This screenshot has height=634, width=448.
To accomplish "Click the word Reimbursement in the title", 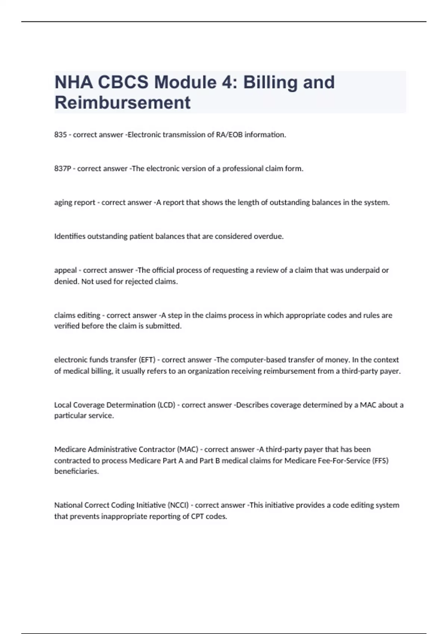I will pyautogui.click(x=122, y=103).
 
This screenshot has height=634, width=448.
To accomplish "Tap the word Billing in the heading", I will pyautogui.click(x=270, y=82).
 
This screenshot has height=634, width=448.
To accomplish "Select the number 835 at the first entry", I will pyautogui.click(x=60, y=135).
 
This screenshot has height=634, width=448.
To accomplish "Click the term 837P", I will pyautogui.click(x=62, y=169).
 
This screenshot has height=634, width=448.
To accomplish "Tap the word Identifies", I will pyautogui.click(x=70, y=236).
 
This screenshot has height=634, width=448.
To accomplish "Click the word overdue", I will pyautogui.click(x=268, y=236).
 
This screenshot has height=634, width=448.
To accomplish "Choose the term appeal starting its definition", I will pyautogui.click(x=65, y=270).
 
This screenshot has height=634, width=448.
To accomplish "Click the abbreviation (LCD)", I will pyautogui.click(x=166, y=405).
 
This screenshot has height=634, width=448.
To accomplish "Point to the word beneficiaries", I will pyautogui.click(x=77, y=471).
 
